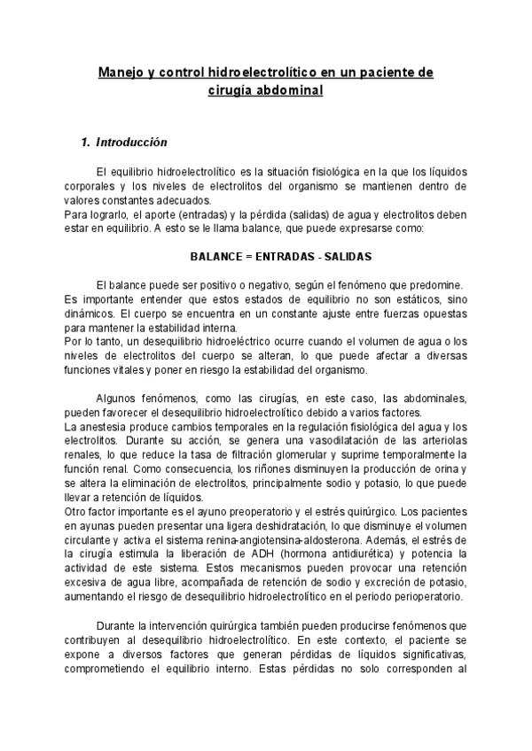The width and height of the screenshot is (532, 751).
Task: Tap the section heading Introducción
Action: pos(131,142)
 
